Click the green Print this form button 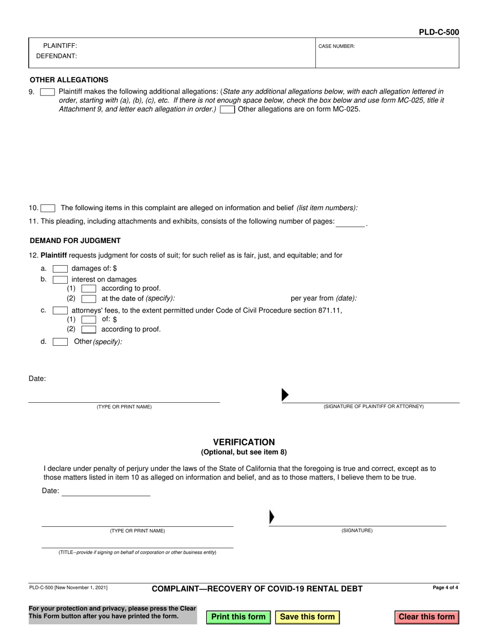[238, 617]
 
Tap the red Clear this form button [426, 617]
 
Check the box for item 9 [47, 92]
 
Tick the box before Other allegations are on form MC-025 [228, 109]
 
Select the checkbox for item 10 [48, 208]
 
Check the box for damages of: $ [60, 269]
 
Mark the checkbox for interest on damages [60, 280]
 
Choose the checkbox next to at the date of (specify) [89, 299]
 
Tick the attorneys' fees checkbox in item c [60, 310]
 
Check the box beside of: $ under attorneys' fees [89, 320]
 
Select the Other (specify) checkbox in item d [60, 342]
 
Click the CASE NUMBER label [336, 46]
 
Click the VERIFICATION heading [244, 442]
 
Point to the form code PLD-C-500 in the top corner [439, 32]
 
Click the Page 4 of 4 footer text [445, 588]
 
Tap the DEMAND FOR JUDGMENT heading [75, 240]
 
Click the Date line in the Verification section [106, 492]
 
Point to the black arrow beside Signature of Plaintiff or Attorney [285, 395]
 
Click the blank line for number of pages [350, 222]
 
